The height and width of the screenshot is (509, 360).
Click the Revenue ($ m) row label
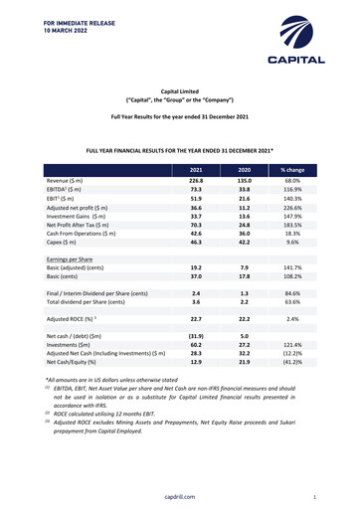click(x=71, y=182)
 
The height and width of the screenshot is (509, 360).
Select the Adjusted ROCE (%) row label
click(x=81, y=346)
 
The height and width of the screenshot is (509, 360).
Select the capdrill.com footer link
click(x=179, y=495)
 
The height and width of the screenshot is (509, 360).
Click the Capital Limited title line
click(x=179, y=90)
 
